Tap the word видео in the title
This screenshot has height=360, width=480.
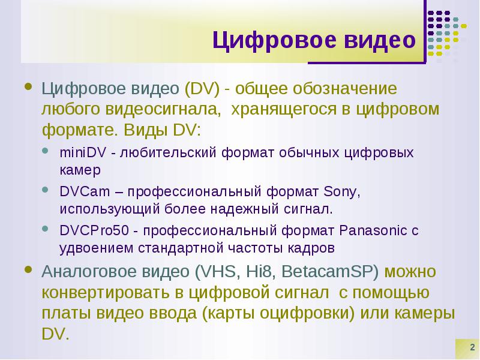tap(380, 40)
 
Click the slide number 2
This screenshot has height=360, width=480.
tap(472, 347)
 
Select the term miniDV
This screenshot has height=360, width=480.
tap(83, 152)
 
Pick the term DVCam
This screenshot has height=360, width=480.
tap(85, 191)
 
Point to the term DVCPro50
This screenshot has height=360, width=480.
tap(94, 230)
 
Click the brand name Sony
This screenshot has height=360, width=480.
tap(342, 192)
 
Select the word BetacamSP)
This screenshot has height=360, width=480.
tap(330, 272)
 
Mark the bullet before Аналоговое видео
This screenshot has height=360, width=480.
tap(28, 269)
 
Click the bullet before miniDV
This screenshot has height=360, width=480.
tap(46, 151)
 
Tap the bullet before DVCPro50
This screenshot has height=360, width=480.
tap(46, 229)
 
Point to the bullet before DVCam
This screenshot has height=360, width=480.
tap(46, 190)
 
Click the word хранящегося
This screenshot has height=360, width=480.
tap(283, 110)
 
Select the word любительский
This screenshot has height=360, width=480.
tap(168, 152)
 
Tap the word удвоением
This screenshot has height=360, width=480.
tap(97, 248)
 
